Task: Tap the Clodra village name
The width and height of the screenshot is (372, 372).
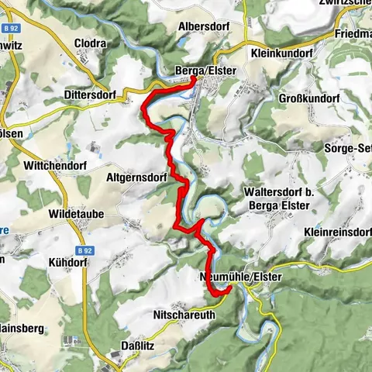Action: pyautogui.click(x=91, y=43)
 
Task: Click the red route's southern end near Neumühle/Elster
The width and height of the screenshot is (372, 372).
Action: pyautogui.click(x=229, y=289)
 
